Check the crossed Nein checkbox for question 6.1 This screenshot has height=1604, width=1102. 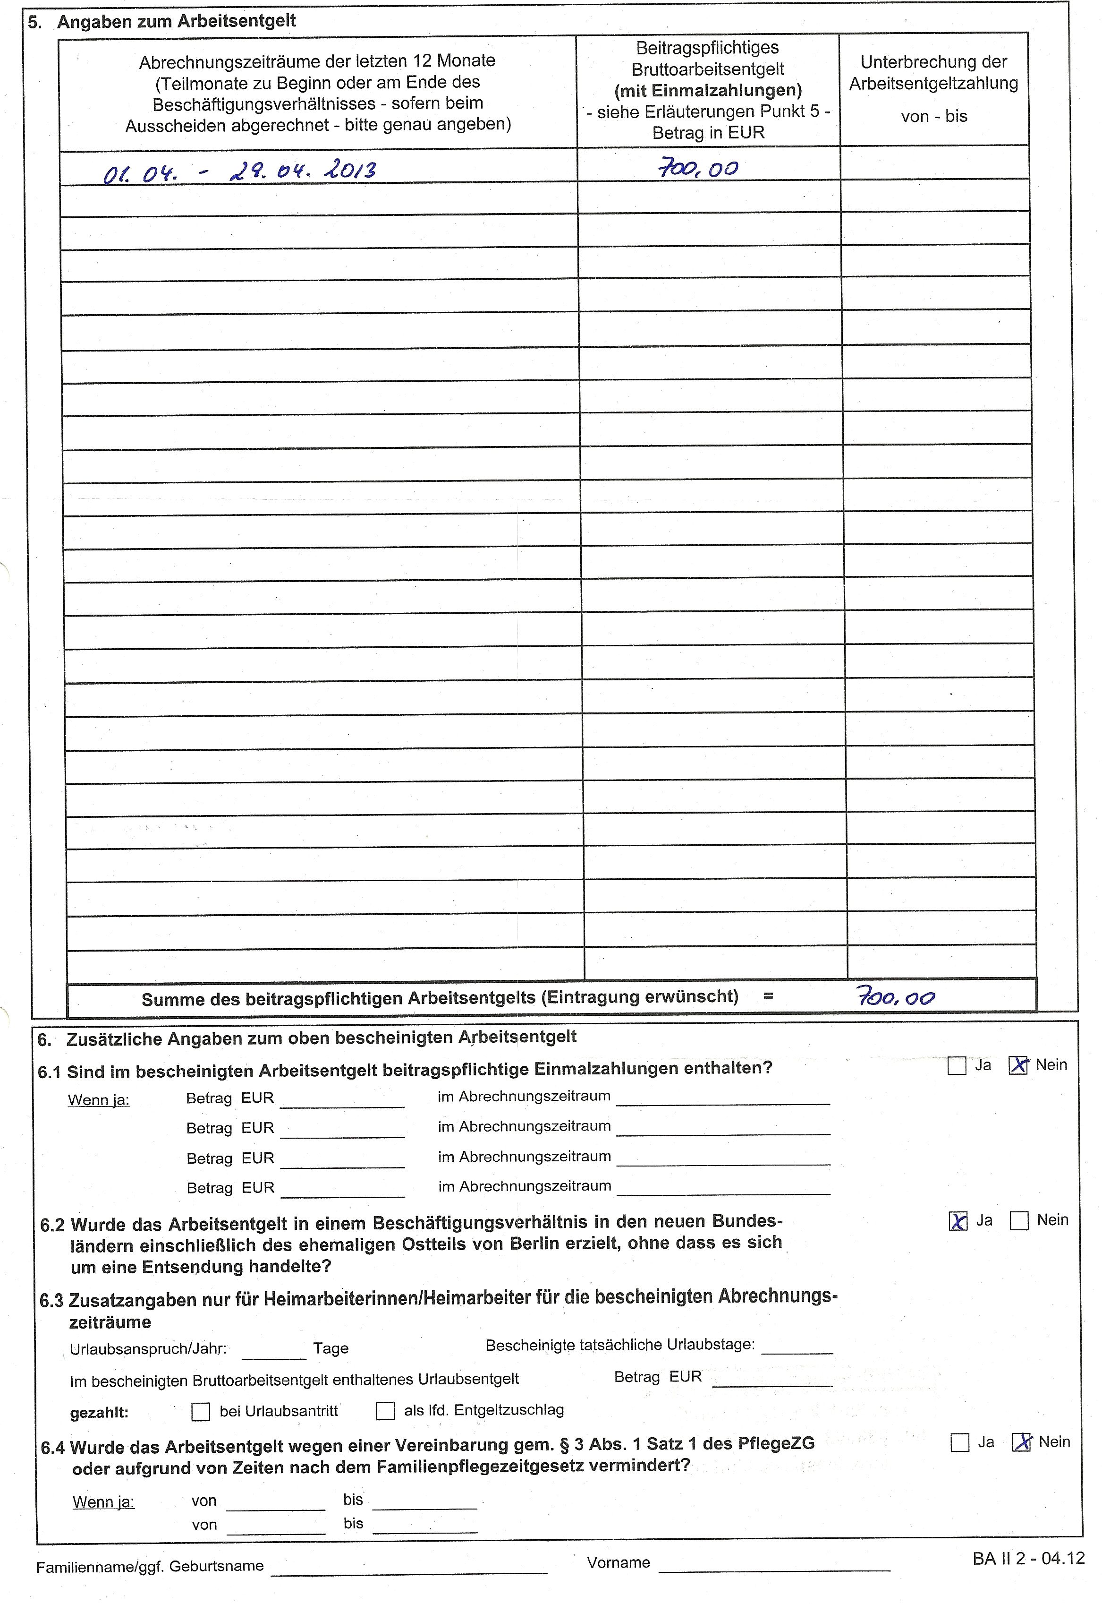[x=1018, y=1066]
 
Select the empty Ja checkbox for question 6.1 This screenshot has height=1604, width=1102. [x=956, y=1066]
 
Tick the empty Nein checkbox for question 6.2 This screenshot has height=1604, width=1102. [x=1019, y=1221]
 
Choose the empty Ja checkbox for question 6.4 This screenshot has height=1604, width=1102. [x=960, y=1443]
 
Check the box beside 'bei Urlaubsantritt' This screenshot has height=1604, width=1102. [x=200, y=1411]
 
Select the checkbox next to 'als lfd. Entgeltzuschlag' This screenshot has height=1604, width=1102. [x=385, y=1411]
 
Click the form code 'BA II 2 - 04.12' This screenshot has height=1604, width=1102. [x=1028, y=1559]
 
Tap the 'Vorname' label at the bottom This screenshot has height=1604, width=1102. [x=618, y=1562]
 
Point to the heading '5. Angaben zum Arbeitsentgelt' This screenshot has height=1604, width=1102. [x=162, y=21]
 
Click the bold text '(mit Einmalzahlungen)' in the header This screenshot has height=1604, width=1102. [x=708, y=91]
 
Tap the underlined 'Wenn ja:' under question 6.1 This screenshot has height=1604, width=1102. [x=99, y=1100]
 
